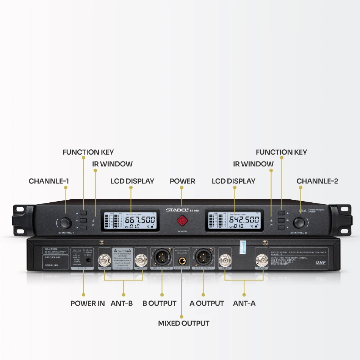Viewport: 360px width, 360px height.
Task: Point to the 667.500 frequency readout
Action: pyautogui.click(x=140, y=220)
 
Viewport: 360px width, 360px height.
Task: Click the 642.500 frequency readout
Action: pyautogui.click(x=244, y=220)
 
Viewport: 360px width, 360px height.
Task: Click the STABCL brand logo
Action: pyautogui.click(x=177, y=210)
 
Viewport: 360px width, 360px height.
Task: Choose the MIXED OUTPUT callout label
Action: pyautogui.click(x=183, y=323)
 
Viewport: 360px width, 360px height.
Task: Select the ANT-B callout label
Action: pyautogui.click(x=122, y=303)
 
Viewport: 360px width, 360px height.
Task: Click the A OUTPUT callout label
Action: pyautogui.click(x=207, y=303)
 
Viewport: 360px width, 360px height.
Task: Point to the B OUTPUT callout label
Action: pyautogui.click(x=159, y=303)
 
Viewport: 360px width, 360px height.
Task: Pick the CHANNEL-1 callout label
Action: pyautogui.click(x=49, y=181)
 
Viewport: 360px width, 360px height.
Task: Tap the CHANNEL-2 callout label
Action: pyautogui.click(x=317, y=181)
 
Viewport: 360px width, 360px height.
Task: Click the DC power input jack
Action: pyautogui.click(x=89, y=261)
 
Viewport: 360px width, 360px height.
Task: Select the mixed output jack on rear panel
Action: pyautogui.click(x=182, y=260)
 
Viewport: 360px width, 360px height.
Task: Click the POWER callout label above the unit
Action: pyautogui.click(x=182, y=181)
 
